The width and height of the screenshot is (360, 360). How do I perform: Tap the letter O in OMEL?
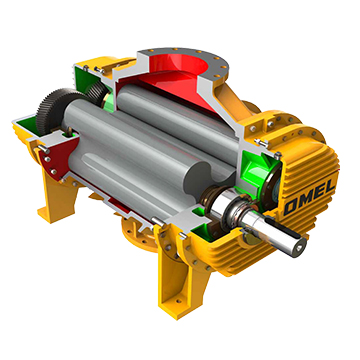pos(290,207)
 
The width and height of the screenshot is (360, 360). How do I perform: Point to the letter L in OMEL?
pos(330,189)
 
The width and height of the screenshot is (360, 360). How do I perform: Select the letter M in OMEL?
pos(304,201)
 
